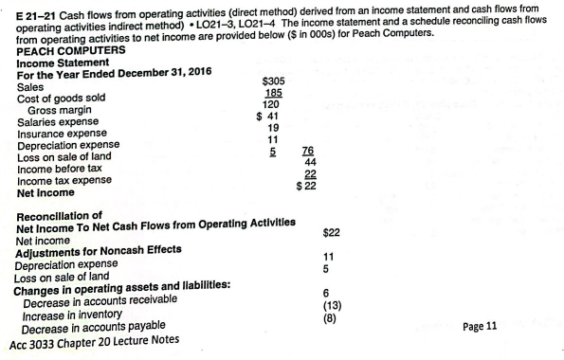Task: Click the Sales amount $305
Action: coord(272,82)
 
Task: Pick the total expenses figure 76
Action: coord(307,150)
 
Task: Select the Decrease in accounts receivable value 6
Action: coord(327,293)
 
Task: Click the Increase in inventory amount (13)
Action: coord(329,306)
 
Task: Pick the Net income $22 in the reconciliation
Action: coord(331,232)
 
